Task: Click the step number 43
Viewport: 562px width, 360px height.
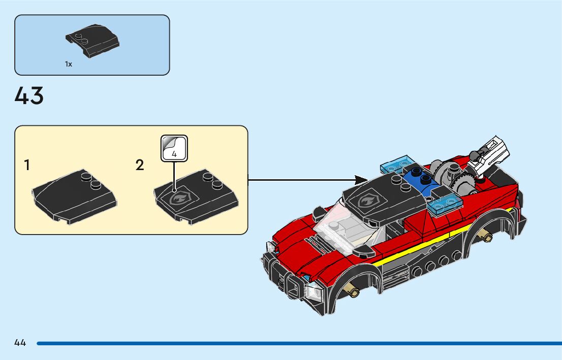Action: (x=29, y=96)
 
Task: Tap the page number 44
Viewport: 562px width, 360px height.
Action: (x=20, y=343)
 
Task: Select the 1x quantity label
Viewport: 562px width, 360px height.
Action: (x=69, y=64)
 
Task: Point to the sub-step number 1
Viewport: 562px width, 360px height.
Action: (x=27, y=165)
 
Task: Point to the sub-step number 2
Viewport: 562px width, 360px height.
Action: (x=140, y=165)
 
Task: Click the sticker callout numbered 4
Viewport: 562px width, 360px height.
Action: (x=174, y=148)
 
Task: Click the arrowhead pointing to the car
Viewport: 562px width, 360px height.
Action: (x=361, y=180)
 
